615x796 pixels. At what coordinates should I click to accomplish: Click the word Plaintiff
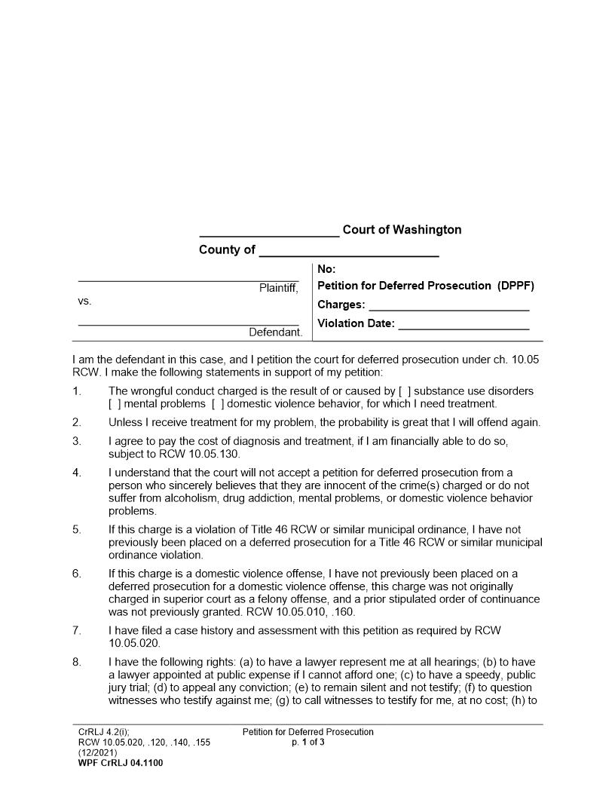tap(279, 289)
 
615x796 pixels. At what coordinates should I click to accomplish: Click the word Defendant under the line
tap(276, 332)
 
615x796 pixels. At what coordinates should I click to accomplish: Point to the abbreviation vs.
tap(84, 301)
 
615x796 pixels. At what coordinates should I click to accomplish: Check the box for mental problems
tap(115, 404)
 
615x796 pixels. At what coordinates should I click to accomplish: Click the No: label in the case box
tap(326, 269)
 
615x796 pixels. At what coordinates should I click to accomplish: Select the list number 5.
tap(77, 530)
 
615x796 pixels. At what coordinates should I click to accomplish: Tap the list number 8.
tap(77, 663)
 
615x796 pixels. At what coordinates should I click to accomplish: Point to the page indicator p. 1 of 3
tap(308, 742)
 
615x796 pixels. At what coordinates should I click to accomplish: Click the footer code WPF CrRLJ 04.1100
tap(121, 763)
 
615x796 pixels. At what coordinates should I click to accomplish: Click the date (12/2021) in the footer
tap(96, 752)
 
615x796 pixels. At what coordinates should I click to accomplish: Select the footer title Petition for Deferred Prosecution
tap(307, 732)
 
